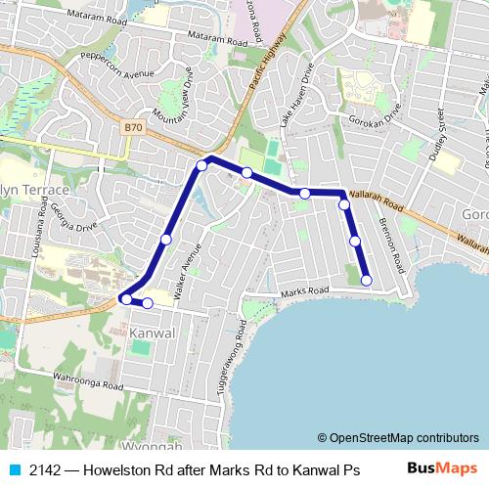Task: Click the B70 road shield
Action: click(x=134, y=126)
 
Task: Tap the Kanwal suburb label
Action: click(x=151, y=333)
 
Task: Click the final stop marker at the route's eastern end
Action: click(x=367, y=281)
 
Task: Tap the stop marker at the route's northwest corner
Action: click(x=201, y=165)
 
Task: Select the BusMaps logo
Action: click(x=443, y=469)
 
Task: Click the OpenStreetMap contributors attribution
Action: click(x=398, y=438)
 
